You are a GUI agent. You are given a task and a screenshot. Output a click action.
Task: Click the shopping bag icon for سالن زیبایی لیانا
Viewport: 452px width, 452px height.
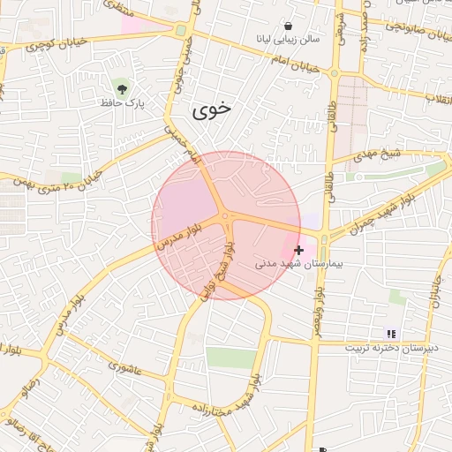[x=289, y=26]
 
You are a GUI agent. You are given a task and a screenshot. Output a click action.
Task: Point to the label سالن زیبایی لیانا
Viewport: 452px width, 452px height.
[x=288, y=39]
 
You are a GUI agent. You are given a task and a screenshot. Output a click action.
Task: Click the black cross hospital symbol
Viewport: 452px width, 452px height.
[x=298, y=251]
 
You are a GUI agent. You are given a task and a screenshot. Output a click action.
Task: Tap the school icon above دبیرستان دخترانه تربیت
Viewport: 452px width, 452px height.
[x=390, y=334]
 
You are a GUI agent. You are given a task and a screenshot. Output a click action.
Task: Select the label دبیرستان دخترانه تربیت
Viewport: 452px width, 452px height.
[x=391, y=349]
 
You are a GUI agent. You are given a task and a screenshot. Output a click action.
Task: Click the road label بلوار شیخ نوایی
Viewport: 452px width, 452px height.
[x=217, y=269]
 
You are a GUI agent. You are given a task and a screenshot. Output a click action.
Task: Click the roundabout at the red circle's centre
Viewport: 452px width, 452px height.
[x=226, y=215]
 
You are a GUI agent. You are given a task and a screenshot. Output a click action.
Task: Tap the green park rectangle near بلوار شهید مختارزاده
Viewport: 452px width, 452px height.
[x=231, y=358]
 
